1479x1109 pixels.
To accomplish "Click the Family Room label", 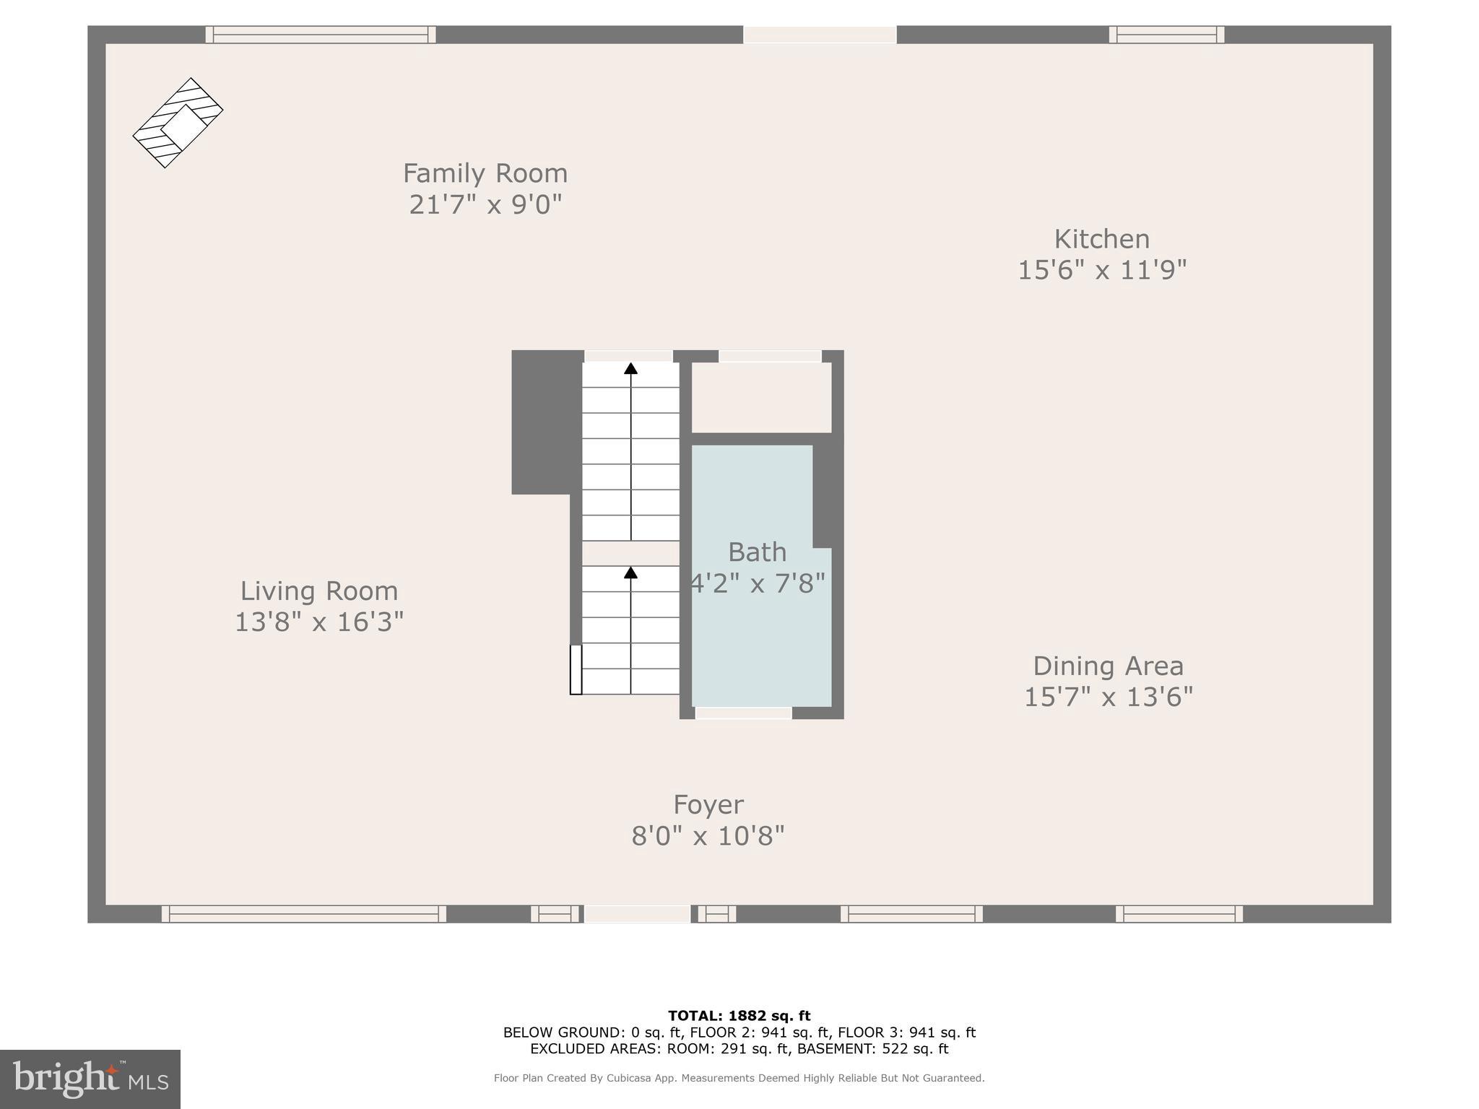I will (485, 173).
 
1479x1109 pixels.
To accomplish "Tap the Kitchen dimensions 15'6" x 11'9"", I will (1102, 271).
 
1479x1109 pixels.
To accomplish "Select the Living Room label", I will (318, 591).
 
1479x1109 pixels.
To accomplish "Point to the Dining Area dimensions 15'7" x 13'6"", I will (1108, 697).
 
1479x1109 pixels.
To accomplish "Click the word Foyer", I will (708, 804).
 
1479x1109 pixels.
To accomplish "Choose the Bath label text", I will (757, 552).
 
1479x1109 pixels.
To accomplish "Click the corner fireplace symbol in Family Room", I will (178, 123).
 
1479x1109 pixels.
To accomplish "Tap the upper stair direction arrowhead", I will (630, 368).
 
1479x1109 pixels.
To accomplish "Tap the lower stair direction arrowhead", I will (630, 573).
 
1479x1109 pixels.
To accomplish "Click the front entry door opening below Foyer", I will (637, 914).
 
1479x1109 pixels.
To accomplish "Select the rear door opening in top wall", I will (820, 35).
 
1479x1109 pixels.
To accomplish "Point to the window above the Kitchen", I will (1166, 35).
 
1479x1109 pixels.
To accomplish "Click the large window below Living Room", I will (303, 914).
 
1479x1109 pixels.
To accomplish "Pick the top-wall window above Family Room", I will (321, 35).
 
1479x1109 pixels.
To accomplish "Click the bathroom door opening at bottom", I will (743, 713).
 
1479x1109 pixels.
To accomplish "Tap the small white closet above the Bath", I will (761, 397).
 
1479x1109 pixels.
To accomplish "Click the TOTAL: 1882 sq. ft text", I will (739, 1016).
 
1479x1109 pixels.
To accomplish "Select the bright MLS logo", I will (90, 1079).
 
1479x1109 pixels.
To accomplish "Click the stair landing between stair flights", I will (630, 554).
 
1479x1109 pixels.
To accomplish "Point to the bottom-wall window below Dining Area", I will (1179, 914).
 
